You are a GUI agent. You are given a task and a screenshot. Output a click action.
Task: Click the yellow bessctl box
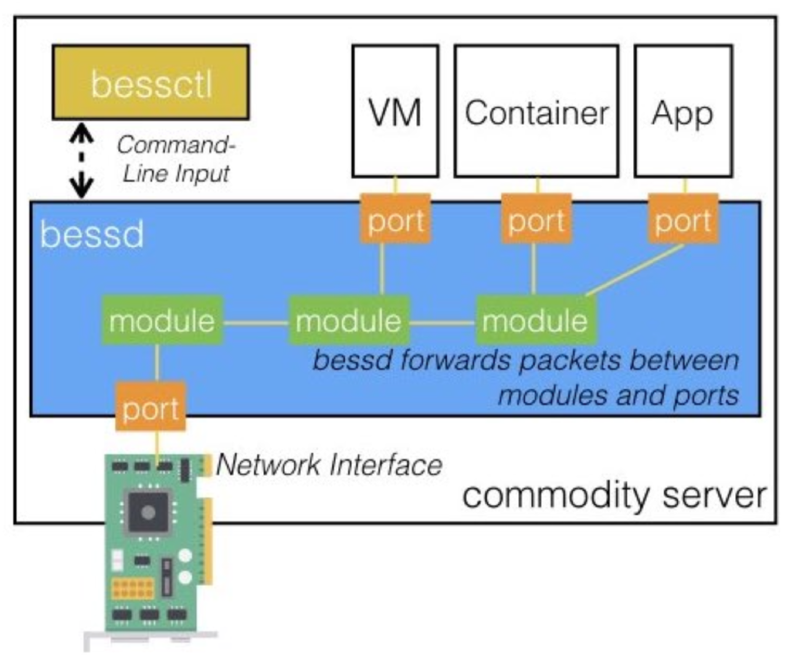coord(151,83)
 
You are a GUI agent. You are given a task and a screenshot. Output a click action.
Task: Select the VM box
coord(395,111)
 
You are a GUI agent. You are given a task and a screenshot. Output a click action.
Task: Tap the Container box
coord(536,111)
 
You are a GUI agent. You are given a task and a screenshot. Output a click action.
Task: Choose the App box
coord(683,111)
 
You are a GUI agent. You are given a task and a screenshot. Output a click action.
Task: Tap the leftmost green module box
coord(162,321)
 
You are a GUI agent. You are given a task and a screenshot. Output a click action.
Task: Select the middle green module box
coord(349,321)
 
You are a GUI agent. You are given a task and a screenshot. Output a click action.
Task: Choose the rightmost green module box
coord(535,321)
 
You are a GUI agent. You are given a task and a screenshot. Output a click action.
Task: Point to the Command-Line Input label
coord(176,159)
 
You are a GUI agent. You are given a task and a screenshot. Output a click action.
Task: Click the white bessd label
coord(92,235)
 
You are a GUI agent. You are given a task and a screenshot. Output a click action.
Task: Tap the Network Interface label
coord(329,465)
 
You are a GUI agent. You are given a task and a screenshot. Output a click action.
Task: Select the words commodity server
coord(614,495)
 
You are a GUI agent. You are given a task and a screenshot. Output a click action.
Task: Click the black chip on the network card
coord(148,512)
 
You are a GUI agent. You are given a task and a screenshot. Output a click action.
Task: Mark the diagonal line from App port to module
coord(635,270)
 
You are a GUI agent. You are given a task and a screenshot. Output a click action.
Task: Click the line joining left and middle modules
coord(256,323)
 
